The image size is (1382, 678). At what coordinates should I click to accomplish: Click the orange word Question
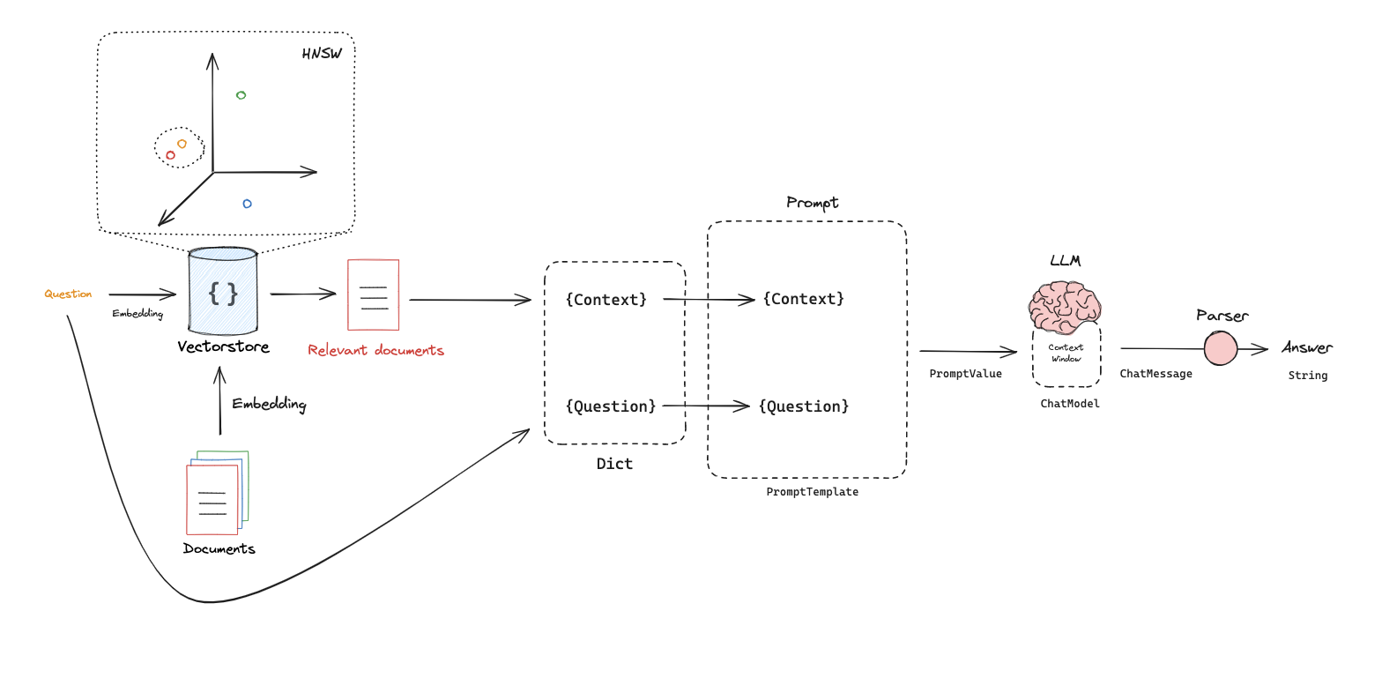tap(68, 294)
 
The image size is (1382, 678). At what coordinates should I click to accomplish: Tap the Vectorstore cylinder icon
tap(223, 291)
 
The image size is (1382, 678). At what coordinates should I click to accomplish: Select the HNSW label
tap(322, 54)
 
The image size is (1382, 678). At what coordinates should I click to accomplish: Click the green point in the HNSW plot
tap(241, 95)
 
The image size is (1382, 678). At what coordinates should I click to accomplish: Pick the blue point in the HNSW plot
tap(247, 204)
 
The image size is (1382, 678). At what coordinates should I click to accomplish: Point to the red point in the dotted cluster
tap(171, 155)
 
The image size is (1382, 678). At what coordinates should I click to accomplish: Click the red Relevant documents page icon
tap(374, 294)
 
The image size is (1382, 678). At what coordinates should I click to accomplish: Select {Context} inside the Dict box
tap(606, 300)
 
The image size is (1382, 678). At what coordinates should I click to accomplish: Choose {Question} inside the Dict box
tap(611, 406)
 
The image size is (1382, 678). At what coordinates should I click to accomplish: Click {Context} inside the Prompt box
tap(804, 299)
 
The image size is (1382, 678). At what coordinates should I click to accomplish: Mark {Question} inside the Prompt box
tap(804, 406)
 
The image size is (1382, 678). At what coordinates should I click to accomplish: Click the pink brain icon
tap(1065, 307)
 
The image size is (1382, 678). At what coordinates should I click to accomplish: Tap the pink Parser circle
tap(1221, 348)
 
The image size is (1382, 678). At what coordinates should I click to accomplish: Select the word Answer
tap(1307, 347)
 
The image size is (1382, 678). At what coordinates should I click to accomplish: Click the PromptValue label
tap(965, 374)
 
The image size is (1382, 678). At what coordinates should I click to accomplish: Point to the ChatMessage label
tap(1155, 374)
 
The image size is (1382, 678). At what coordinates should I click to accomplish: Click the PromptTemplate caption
tap(812, 492)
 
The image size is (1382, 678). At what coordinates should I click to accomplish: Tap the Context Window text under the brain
tap(1066, 353)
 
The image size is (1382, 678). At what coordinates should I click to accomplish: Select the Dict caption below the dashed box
tap(614, 464)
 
